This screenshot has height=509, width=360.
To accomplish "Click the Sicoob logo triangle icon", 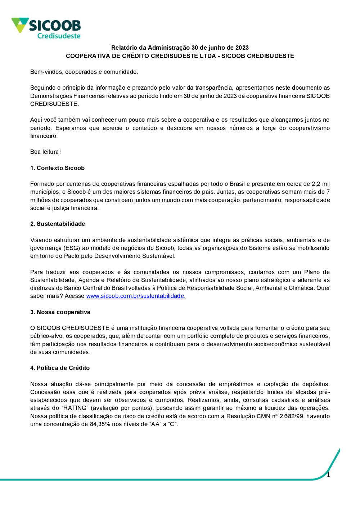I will pyautogui.click(x=20, y=25).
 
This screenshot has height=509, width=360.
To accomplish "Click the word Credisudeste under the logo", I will pyautogui.click(x=59, y=36).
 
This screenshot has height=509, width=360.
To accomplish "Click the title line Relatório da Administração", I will pyautogui.click(x=180, y=48).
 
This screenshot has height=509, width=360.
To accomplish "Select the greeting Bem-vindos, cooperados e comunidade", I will pyautogui.click(x=84, y=72).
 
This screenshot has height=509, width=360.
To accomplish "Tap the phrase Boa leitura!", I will pyautogui.click(x=45, y=152).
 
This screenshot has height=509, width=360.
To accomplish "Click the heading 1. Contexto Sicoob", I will pyautogui.click(x=57, y=168).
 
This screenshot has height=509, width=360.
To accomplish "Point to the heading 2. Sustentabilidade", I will pyautogui.click(x=58, y=224).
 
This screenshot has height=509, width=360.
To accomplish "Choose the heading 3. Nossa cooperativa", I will pyautogui.click(x=60, y=312).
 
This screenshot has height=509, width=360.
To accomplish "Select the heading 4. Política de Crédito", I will pyautogui.click(x=60, y=368).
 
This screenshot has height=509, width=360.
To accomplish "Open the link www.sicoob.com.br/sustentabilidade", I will pyautogui.click(x=135, y=296).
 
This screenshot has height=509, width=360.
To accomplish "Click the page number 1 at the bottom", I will pyautogui.click(x=328, y=475).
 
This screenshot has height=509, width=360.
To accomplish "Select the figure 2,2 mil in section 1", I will pyautogui.click(x=320, y=184).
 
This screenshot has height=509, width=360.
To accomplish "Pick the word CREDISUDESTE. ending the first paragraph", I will pyautogui.click(x=54, y=104).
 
